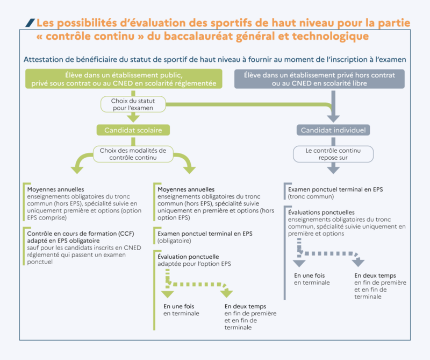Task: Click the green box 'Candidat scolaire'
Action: tap(133, 130)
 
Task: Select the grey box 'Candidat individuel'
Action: tap(333, 130)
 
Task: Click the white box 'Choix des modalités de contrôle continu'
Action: tap(132, 154)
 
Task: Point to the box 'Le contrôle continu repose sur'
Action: tap(333, 154)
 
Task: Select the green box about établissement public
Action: tap(124, 79)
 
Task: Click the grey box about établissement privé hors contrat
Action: tap(319, 79)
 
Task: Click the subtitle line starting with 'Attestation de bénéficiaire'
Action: tap(214, 59)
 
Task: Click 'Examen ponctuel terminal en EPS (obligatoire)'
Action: tap(204, 237)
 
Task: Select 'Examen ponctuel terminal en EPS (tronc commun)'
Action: tap(335, 193)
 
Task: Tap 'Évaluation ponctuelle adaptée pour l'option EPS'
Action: tap(194, 260)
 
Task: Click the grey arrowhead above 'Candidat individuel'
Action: tap(333, 117)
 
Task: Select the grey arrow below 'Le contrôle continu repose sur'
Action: tap(333, 168)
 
